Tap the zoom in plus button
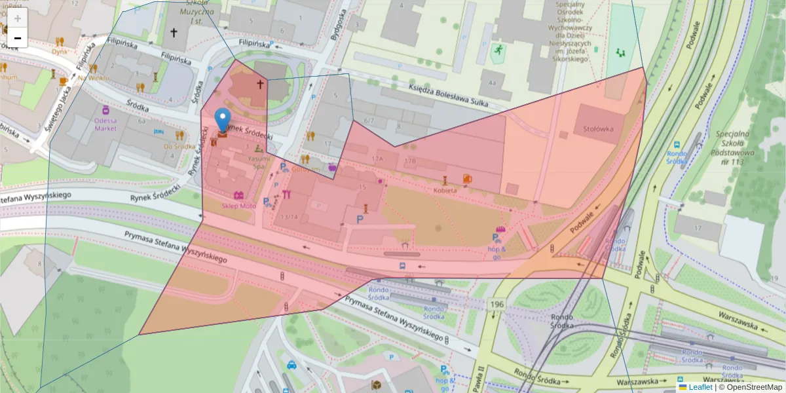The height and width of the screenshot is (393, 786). tap(18, 18)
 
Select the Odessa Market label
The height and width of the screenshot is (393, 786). tap(105, 124)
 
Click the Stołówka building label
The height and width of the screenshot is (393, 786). tap(598, 129)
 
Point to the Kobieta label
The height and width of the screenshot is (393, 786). tap(445, 191)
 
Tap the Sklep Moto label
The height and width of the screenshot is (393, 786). tap(239, 206)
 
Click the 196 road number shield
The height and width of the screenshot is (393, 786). tap(496, 305)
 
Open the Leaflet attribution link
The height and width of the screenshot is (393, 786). tap(700, 387)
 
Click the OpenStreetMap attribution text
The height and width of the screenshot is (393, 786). tap(750, 387)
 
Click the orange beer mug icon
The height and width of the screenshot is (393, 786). tap(63, 81)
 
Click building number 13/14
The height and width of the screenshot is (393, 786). tap(289, 217)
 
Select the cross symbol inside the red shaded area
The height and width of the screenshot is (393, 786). tap(260, 84)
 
